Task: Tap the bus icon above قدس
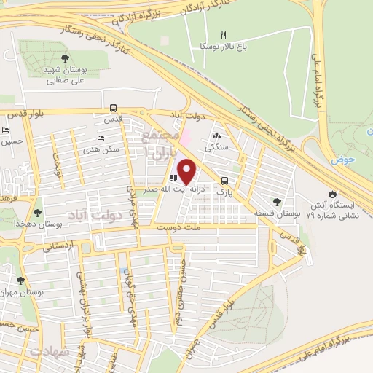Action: click(x=114, y=106)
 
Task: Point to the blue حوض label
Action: click(x=342, y=159)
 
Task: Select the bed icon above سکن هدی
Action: click(x=101, y=138)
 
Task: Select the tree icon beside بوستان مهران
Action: click(x=20, y=279)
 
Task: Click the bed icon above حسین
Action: click(x=6, y=130)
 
